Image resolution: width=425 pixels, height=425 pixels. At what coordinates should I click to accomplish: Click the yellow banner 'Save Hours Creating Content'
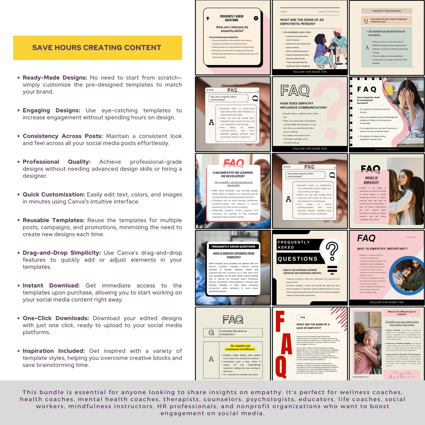(x=97, y=48)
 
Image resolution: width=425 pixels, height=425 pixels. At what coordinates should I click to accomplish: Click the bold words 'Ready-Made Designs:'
(x=55, y=78)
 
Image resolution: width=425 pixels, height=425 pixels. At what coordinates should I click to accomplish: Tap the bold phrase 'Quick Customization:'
(x=54, y=195)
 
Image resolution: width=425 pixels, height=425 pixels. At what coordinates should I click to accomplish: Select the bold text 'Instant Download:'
(x=51, y=286)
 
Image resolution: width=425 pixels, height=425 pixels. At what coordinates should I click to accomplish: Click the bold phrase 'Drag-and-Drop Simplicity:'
(x=62, y=253)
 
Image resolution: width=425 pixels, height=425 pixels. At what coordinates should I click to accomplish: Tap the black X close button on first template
(x=256, y=18)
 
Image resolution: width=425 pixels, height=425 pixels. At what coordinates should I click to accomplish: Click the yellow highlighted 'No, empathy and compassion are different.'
(x=240, y=347)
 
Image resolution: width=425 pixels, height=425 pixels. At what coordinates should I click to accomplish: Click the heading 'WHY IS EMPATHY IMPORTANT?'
(x=382, y=249)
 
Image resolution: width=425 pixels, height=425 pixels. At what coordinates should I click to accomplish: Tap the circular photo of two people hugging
(x=405, y=275)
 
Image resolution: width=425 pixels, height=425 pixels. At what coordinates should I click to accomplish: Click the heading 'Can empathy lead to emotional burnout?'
(x=368, y=100)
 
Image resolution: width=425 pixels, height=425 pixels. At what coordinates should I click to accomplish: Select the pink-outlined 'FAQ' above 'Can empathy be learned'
(x=233, y=162)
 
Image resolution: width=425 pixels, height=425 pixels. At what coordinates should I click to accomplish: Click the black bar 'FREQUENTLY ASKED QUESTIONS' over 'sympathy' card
(x=233, y=246)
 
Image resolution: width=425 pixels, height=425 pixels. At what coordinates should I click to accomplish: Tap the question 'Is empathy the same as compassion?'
(x=233, y=333)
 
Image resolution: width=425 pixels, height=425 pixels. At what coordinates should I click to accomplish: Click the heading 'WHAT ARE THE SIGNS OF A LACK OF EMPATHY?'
(x=313, y=326)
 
